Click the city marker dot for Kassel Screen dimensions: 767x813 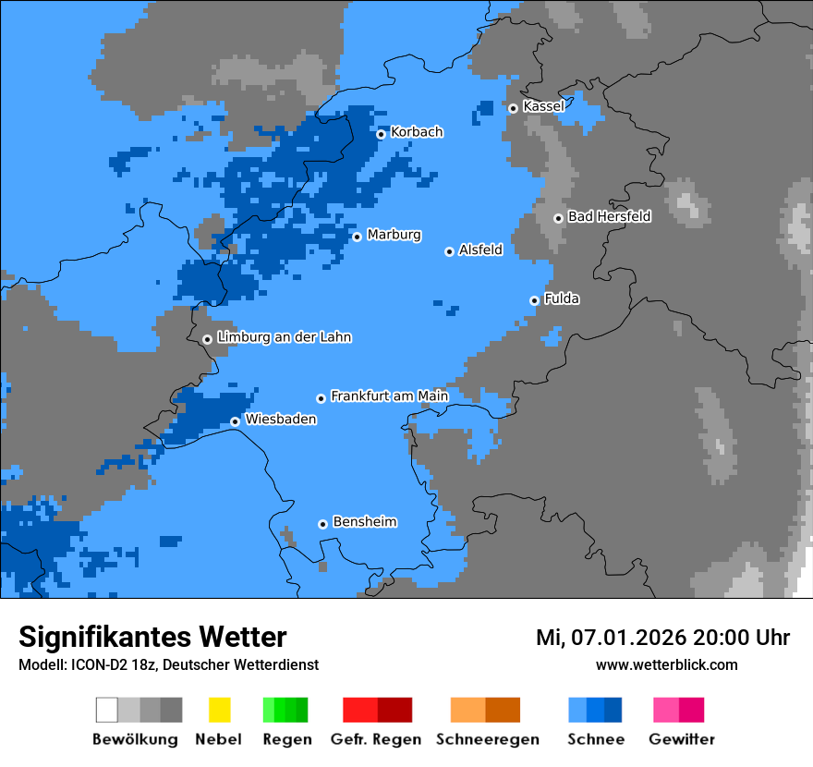coord(513,108)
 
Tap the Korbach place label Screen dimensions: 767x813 coord(417,132)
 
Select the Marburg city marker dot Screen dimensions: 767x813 coord(357,237)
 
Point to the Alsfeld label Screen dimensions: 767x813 coord(480,250)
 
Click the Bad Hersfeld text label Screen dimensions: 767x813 coord(609,216)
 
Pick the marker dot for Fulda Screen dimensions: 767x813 coord(534,300)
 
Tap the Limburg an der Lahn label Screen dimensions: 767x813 coord(284,337)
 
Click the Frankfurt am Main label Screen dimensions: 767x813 coord(389,396)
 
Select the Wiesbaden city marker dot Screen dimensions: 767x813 coord(235,421)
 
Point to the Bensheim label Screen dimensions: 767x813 coord(364,522)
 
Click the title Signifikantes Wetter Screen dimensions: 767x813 coord(152,637)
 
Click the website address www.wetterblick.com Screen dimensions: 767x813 coord(666,664)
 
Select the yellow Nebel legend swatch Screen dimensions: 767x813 coord(219,710)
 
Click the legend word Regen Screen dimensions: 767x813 coord(285,739)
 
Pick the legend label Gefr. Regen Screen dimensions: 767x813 coord(376,739)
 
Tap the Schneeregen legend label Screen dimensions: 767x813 coord(484,739)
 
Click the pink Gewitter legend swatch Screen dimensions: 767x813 coord(667,710)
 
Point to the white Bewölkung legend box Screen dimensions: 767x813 coord(107,710)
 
